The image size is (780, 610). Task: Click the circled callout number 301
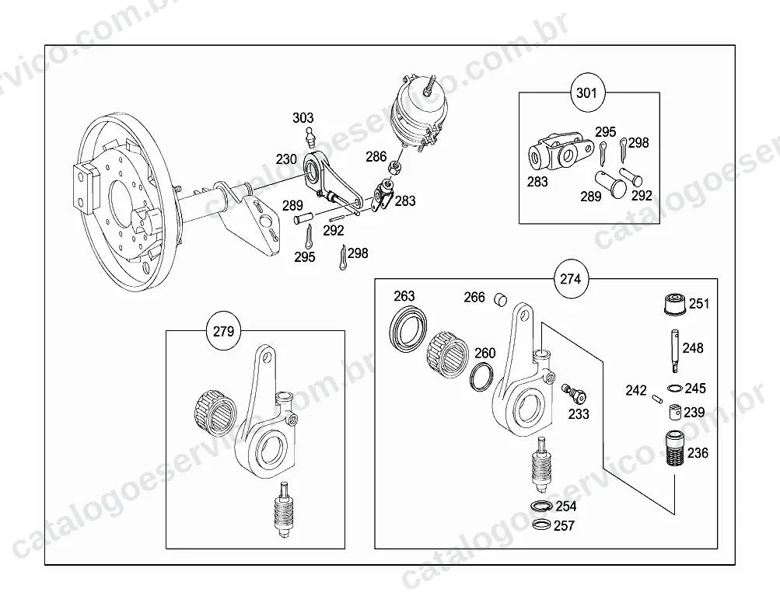586,93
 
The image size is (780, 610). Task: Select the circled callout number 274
571,279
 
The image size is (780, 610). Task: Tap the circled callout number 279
223,331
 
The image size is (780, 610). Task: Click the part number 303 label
303,118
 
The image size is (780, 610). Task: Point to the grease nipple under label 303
311,138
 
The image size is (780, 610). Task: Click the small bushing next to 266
501,299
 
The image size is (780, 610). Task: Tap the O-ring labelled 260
482,376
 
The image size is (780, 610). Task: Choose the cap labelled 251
676,304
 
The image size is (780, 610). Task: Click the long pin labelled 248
674,351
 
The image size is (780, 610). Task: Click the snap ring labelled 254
540,506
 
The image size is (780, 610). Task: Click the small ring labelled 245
674,388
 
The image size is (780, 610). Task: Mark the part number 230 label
286,159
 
